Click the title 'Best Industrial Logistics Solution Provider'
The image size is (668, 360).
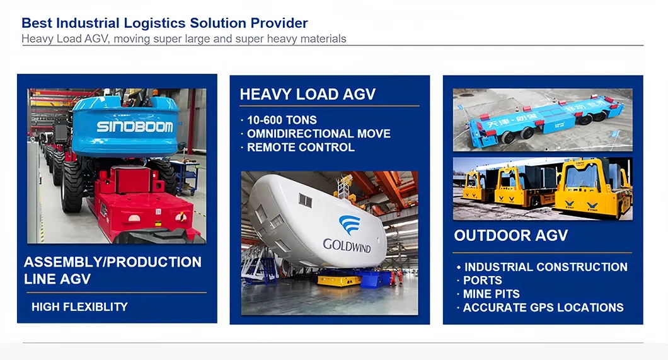(164, 23)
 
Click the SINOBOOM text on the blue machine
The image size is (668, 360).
(134, 126)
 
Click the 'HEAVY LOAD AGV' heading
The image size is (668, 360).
(308, 95)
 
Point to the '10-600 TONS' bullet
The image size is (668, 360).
(282, 120)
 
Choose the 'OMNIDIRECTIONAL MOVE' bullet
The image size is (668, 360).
(318, 134)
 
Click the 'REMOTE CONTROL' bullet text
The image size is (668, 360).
(301, 148)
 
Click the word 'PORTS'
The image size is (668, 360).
(483, 281)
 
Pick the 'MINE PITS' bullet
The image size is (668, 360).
(491, 294)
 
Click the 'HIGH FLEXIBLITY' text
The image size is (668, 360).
(79, 307)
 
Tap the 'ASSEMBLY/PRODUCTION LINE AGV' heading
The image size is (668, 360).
(113, 270)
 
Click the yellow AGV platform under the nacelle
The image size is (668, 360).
(340, 278)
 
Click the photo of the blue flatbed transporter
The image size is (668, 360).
(542, 119)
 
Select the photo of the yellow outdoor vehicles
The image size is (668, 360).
(542, 188)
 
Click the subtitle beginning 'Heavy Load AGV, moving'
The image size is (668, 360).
(183, 38)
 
